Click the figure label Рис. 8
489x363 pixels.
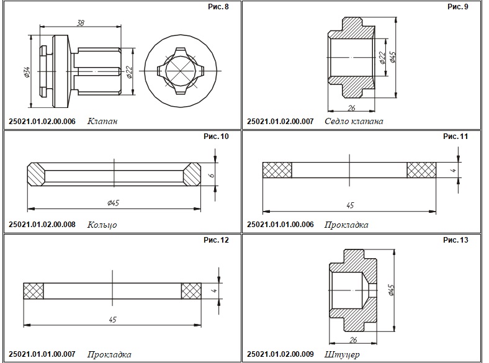click(218, 7)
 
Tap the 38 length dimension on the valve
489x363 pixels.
click(81, 23)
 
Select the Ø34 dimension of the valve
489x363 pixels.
click(27, 72)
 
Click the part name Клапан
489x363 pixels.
click(102, 121)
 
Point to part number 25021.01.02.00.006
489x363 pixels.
click(42, 122)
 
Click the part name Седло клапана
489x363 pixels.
click(354, 121)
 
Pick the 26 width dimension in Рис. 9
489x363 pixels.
click(351, 108)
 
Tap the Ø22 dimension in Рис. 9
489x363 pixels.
click(383, 58)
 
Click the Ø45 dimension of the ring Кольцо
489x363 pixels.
click(113, 203)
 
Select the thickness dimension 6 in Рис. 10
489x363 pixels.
click(212, 174)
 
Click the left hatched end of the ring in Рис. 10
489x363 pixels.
click(36, 174)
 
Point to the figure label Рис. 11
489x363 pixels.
click(455, 137)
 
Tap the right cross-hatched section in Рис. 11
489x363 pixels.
click(421, 170)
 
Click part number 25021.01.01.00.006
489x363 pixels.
click(280, 225)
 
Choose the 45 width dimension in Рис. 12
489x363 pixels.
click(112, 320)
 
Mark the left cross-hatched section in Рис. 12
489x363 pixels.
click(34, 291)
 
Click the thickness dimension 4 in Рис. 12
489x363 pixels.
click(214, 290)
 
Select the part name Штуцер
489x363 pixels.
click(342, 354)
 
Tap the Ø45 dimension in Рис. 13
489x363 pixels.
click(392, 290)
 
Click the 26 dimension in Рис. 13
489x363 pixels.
click(353, 339)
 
